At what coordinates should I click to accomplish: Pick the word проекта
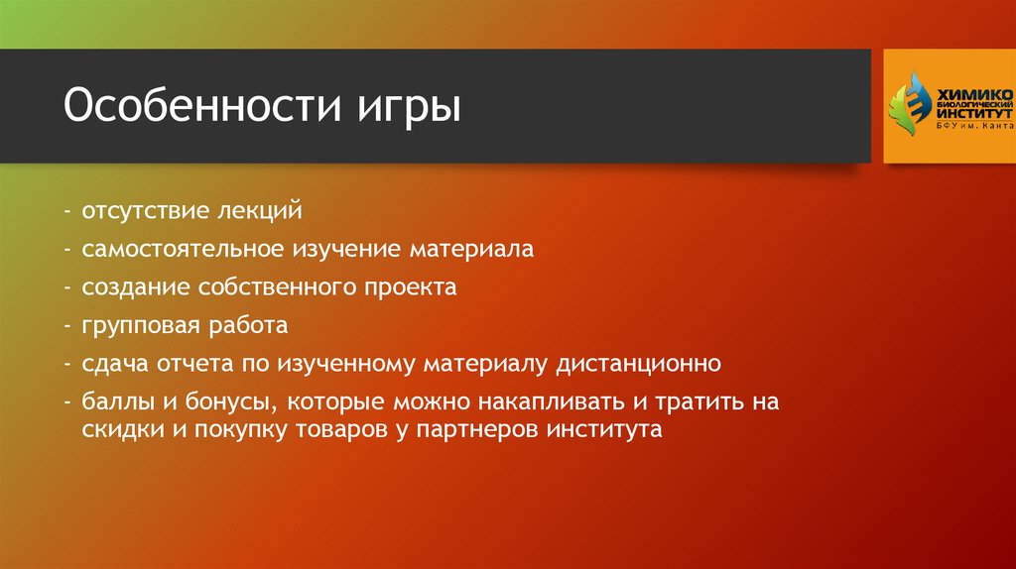point(416,287)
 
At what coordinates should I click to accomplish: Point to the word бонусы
point(217,402)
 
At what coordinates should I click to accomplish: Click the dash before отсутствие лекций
point(64,212)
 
